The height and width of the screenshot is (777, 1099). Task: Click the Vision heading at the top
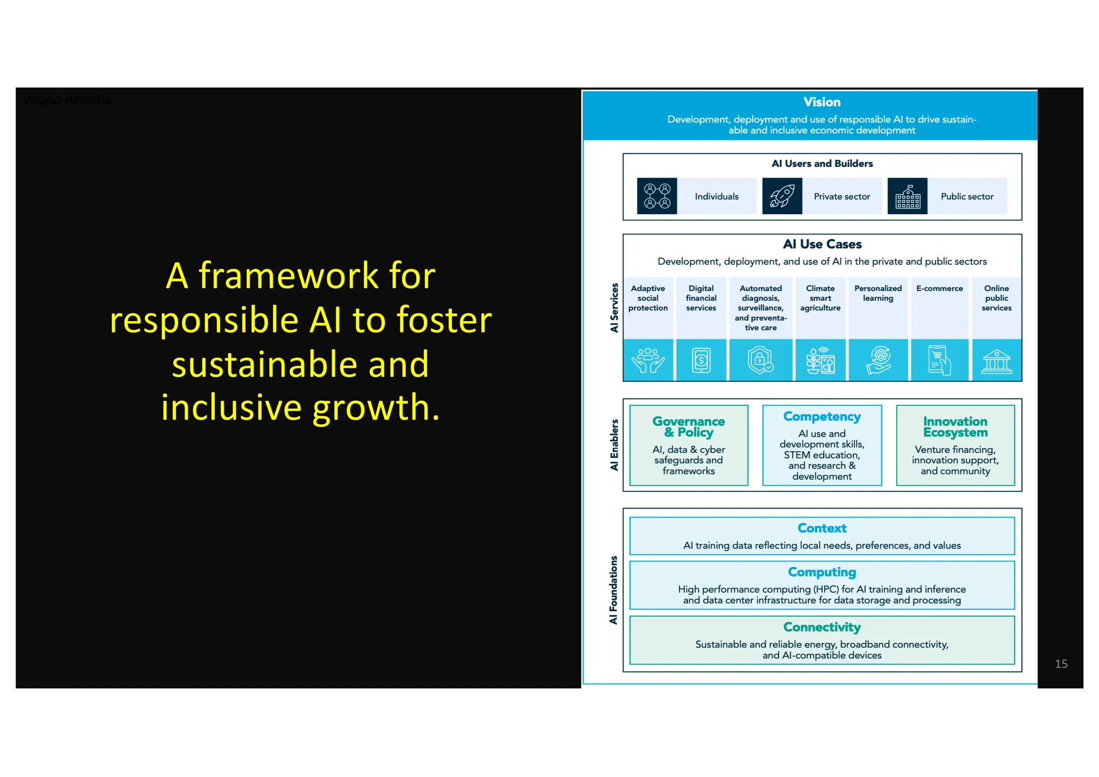pyautogui.click(x=822, y=102)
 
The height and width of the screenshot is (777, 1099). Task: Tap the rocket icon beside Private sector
pyautogui.click(x=782, y=196)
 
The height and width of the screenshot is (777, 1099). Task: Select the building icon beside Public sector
pyautogui.click(x=907, y=196)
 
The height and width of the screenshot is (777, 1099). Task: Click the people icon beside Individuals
pyautogui.click(x=657, y=196)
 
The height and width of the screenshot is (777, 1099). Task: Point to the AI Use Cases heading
pyautogui.click(x=822, y=244)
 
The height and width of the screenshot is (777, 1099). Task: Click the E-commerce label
pyautogui.click(x=939, y=288)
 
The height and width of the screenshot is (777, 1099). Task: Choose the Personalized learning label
pyautogui.click(x=878, y=293)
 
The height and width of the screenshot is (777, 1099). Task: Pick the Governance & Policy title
pyautogui.click(x=688, y=427)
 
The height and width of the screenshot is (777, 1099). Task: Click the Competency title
pyautogui.click(x=822, y=417)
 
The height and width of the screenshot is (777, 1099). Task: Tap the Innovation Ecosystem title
pyautogui.click(x=955, y=427)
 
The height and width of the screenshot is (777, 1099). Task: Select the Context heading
pyautogui.click(x=822, y=528)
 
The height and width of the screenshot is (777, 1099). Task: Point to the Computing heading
pyautogui.click(x=822, y=572)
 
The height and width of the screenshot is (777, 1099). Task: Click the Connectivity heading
pyautogui.click(x=822, y=627)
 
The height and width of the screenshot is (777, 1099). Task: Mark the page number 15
pyautogui.click(x=1061, y=664)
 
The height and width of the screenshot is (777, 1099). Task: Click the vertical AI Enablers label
pyautogui.click(x=614, y=445)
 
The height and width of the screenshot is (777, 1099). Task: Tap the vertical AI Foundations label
pyautogui.click(x=613, y=590)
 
